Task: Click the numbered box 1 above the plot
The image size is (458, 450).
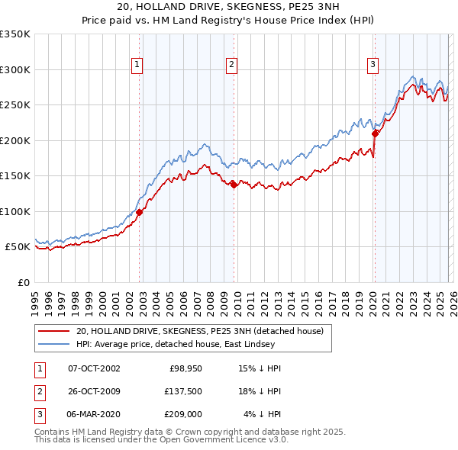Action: click(137, 66)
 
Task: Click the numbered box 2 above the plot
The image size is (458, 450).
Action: click(231, 66)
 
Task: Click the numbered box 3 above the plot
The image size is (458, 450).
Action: click(373, 66)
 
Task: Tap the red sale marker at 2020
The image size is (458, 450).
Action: click(375, 133)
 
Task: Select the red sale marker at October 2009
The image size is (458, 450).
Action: click(234, 184)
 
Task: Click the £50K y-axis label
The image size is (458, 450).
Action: click(18, 247)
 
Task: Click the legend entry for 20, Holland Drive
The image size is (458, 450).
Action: click(200, 331)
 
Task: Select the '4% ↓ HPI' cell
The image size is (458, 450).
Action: click(262, 414)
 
